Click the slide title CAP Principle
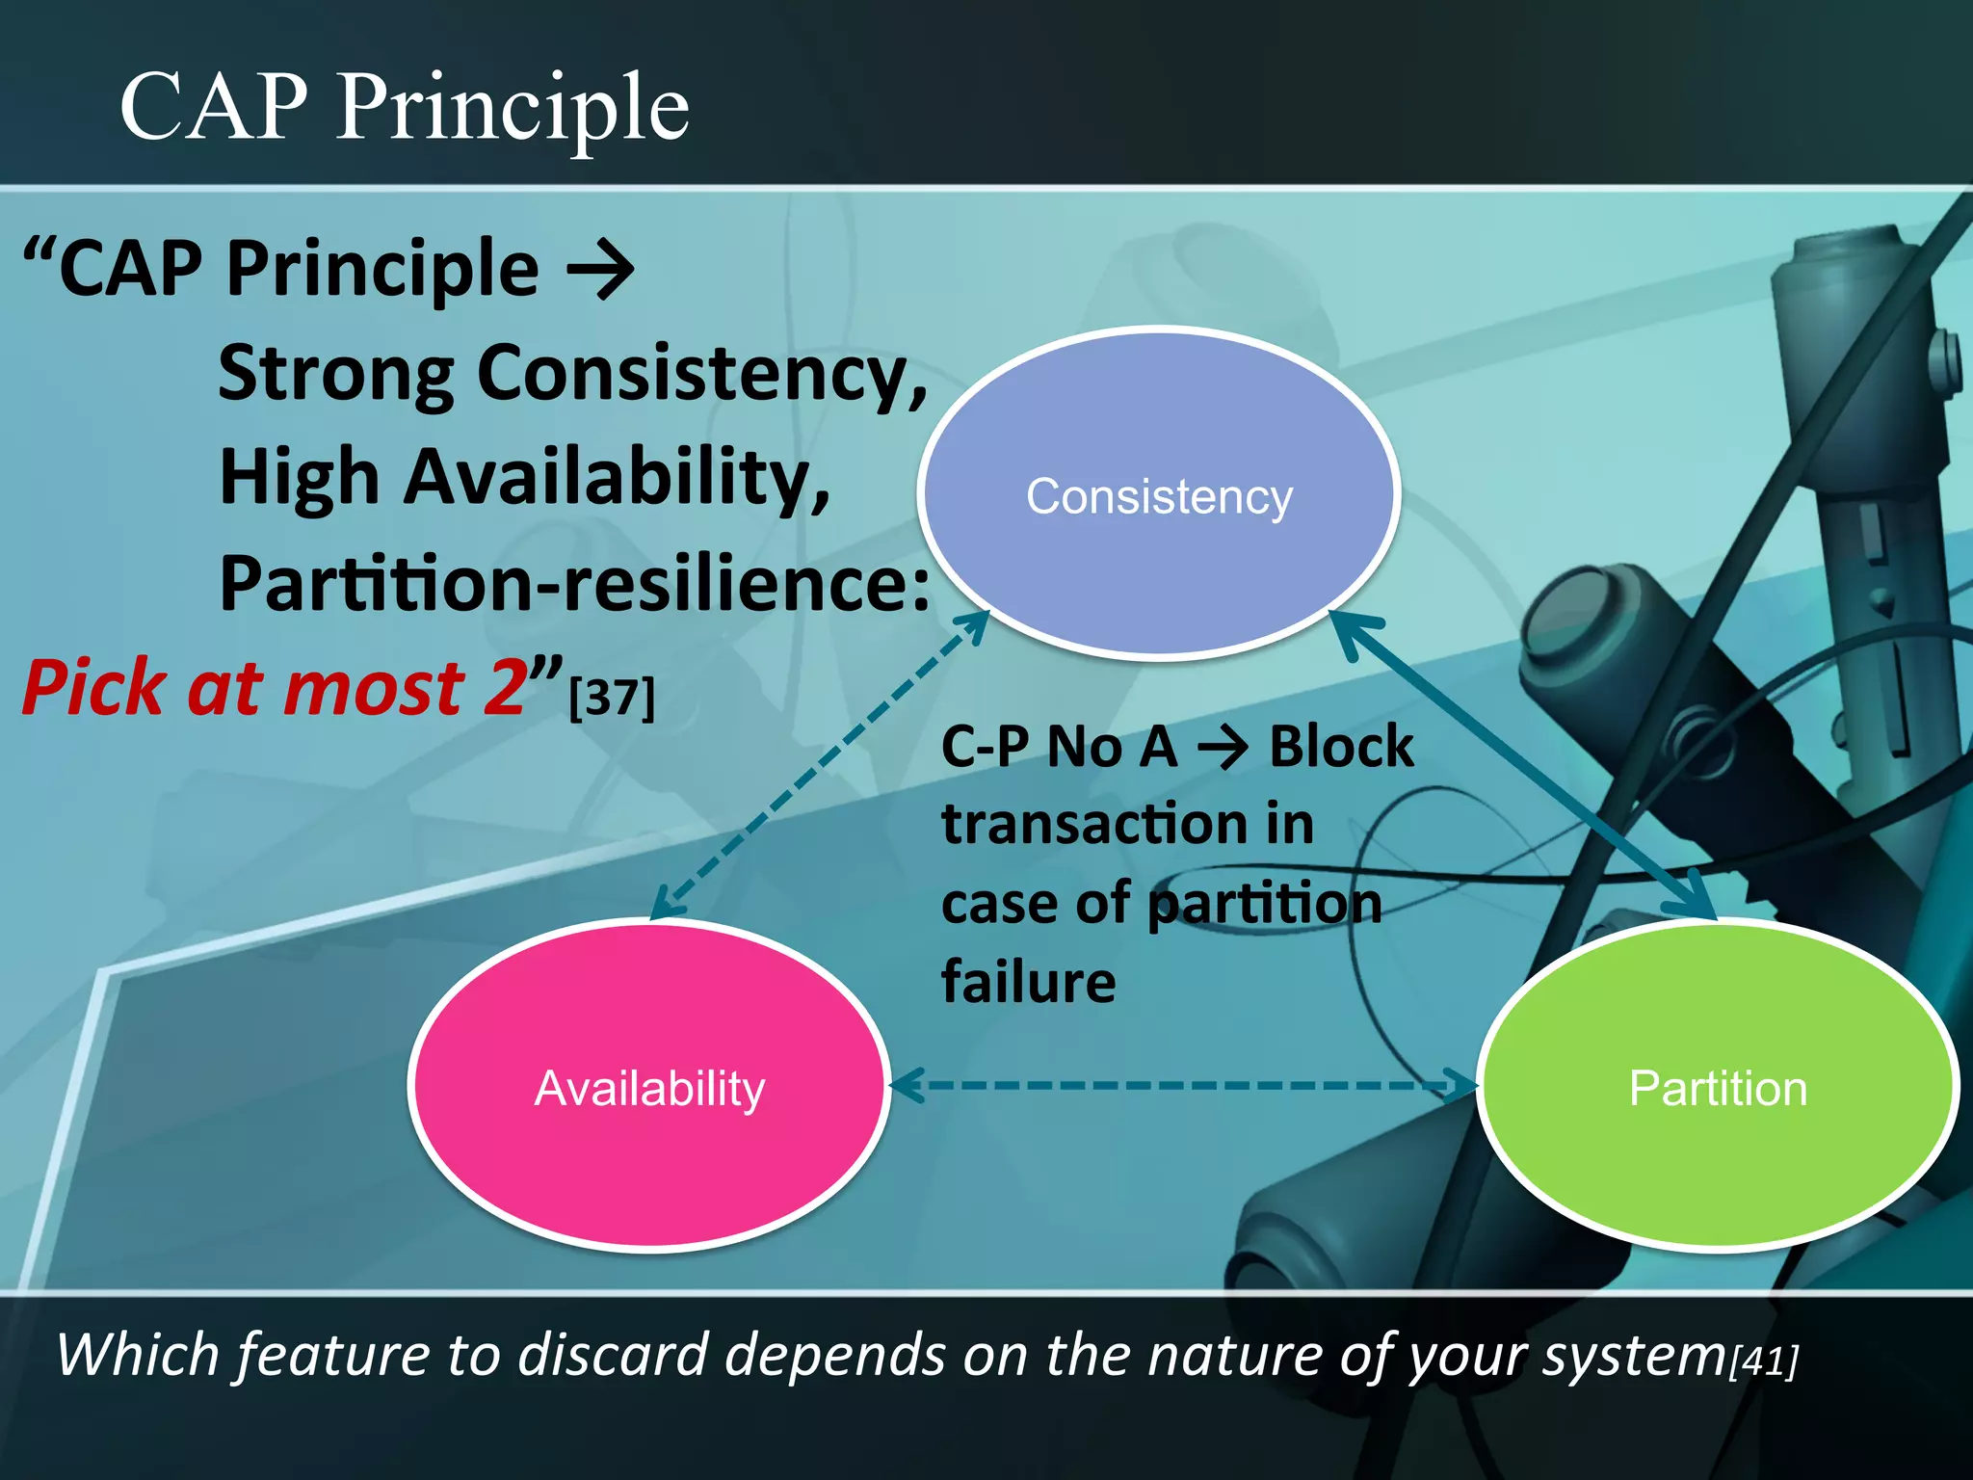click(404, 107)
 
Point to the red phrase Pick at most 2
click(276, 688)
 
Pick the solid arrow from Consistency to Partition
click(1522, 766)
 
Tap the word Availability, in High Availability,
click(617, 479)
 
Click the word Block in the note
click(1341, 747)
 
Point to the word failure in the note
click(1028, 982)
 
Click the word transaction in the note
click(1093, 826)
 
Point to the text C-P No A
click(1059, 747)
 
